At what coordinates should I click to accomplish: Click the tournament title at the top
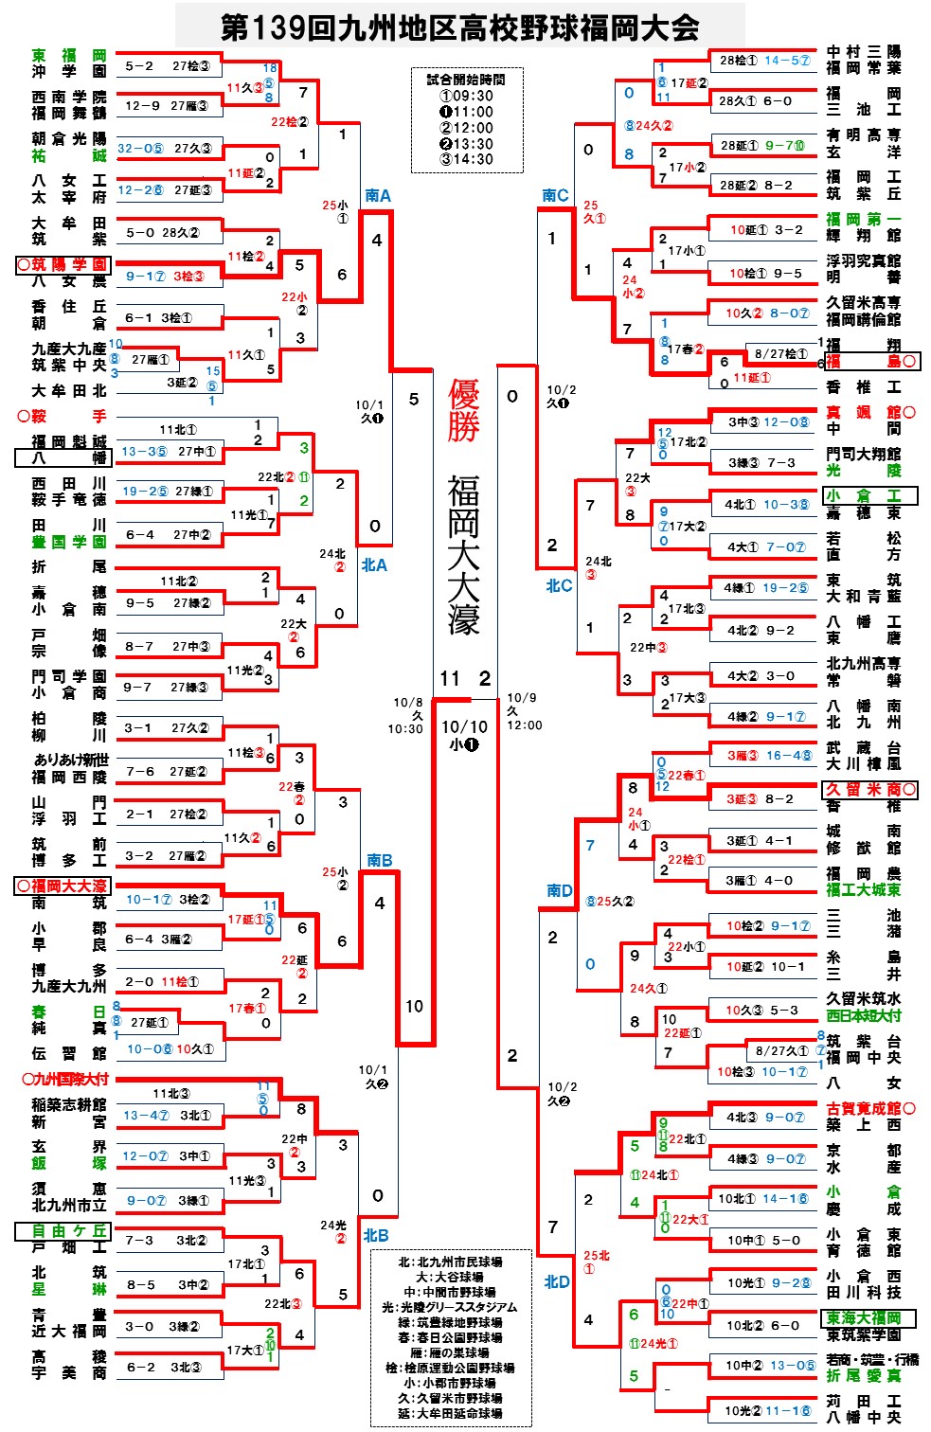[x=460, y=27]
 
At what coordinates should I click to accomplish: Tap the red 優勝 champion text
[x=464, y=409]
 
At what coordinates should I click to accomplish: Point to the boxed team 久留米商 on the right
[x=864, y=789]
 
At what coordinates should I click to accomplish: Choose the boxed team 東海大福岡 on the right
[x=863, y=1317]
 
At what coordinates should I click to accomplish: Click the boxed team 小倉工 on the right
[x=863, y=495]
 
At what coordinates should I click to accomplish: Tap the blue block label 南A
[x=378, y=195]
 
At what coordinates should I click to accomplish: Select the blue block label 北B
[x=376, y=1235]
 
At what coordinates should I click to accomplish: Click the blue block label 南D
[x=559, y=890]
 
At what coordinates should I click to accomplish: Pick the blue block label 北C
[x=559, y=585]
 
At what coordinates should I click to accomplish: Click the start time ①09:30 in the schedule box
[x=467, y=96]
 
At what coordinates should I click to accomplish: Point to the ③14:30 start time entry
[x=467, y=159]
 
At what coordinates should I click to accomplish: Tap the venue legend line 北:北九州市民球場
[x=450, y=1262]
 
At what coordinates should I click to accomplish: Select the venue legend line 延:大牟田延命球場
[x=450, y=1413]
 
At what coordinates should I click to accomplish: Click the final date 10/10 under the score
[x=464, y=726]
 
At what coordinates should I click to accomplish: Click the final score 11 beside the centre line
[x=449, y=678]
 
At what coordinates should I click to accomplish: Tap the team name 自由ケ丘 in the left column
[x=64, y=1230]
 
